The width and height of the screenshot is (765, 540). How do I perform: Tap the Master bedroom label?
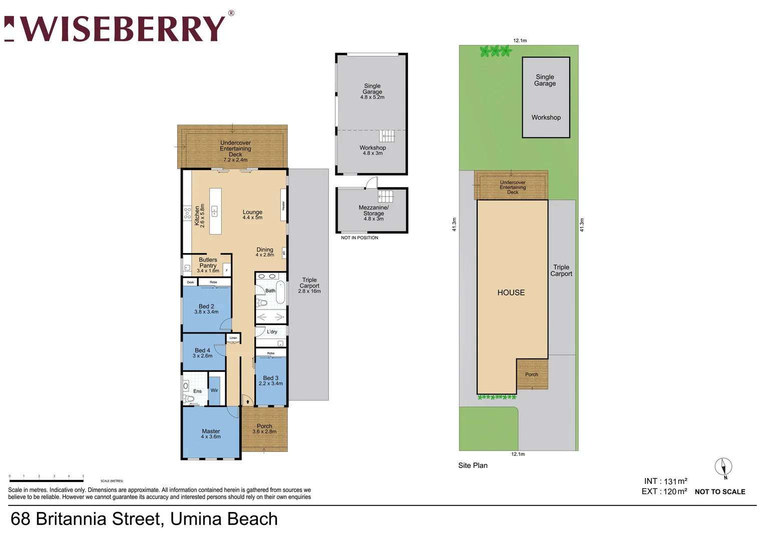211,433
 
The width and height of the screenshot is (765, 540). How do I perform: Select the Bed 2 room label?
206,309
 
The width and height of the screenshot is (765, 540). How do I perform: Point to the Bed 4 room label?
203,353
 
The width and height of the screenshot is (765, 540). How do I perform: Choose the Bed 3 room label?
270,380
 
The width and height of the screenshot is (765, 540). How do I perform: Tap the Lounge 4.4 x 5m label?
252,214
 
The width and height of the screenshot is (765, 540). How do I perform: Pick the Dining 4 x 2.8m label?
265,252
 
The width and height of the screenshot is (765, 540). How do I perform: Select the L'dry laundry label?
272,331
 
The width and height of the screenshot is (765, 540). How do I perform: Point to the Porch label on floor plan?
264,428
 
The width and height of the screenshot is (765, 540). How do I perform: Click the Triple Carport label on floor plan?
309,285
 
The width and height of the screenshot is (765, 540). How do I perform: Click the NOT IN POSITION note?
359,238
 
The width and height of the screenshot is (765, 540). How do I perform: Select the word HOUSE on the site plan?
511,292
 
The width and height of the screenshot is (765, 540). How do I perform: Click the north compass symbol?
723,467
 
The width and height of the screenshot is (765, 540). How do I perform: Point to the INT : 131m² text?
665,481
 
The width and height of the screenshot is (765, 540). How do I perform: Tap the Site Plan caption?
473,465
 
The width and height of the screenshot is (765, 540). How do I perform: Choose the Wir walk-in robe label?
214,390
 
